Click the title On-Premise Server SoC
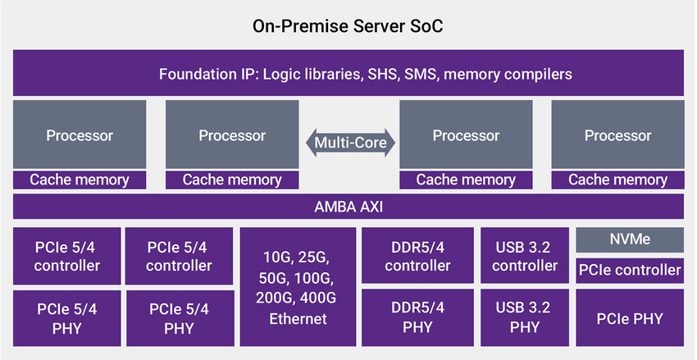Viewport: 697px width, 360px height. [x=348, y=25]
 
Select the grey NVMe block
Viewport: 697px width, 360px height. [x=630, y=239]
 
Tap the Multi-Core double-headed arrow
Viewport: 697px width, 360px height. [x=350, y=143]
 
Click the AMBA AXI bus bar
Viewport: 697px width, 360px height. [x=348, y=206]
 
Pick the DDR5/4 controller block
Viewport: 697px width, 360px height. [x=417, y=256]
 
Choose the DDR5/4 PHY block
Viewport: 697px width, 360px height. [x=417, y=318]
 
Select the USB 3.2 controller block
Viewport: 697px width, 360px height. [x=525, y=256]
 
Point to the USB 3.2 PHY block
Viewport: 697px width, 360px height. [x=525, y=318]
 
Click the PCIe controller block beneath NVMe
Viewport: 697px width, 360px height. [x=630, y=271]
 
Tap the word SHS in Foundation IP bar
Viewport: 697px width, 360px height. [x=382, y=74]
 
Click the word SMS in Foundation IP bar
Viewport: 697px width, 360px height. [x=421, y=74]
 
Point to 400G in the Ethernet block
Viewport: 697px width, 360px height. [x=318, y=298]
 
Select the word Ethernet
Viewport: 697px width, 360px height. [x=298, y=319]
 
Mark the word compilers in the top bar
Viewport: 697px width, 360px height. [x=538, y=75]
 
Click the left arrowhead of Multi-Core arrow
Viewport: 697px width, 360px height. [x=310, y=143]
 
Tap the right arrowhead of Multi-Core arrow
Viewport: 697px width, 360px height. [x=390, y=143]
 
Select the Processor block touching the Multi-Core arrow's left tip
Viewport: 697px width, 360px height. [x=232, y=134]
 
